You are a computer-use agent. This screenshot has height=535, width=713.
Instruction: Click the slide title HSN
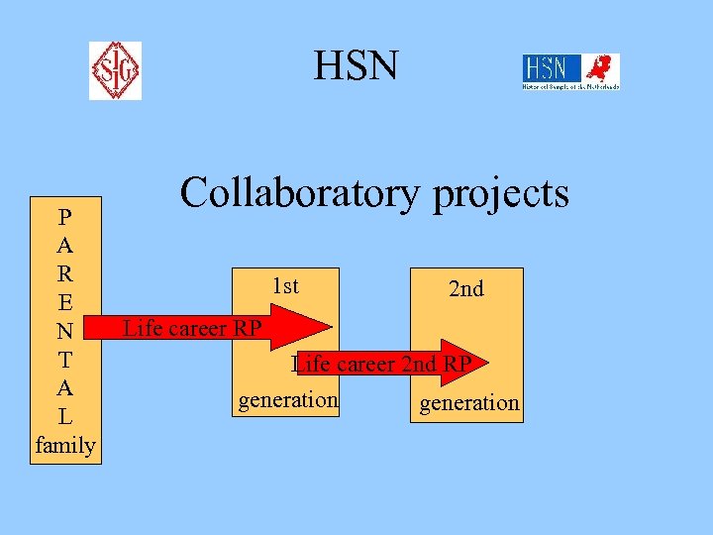(x=356, y=67)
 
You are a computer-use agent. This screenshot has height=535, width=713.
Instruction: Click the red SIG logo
(x=115, y=70)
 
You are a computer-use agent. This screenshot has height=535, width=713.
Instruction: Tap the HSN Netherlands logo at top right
(x=570, y=72)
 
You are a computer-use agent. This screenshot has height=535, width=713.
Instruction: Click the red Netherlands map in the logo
(x=600, y=68)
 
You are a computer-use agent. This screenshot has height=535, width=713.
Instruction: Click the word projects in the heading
(x=501, y=195)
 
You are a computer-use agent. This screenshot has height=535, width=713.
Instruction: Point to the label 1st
(x=285, y=286)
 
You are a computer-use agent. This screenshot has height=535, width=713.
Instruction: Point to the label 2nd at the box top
(x=466, y=289)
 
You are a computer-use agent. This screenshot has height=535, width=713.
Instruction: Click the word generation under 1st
(x=287, y=399)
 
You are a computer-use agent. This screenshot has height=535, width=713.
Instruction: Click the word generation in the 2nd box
(x=469, y=402)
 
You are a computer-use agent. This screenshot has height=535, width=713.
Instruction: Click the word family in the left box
(x=65, y=446)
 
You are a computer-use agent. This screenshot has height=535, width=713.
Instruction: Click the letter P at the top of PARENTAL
(x=64, y=216)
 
